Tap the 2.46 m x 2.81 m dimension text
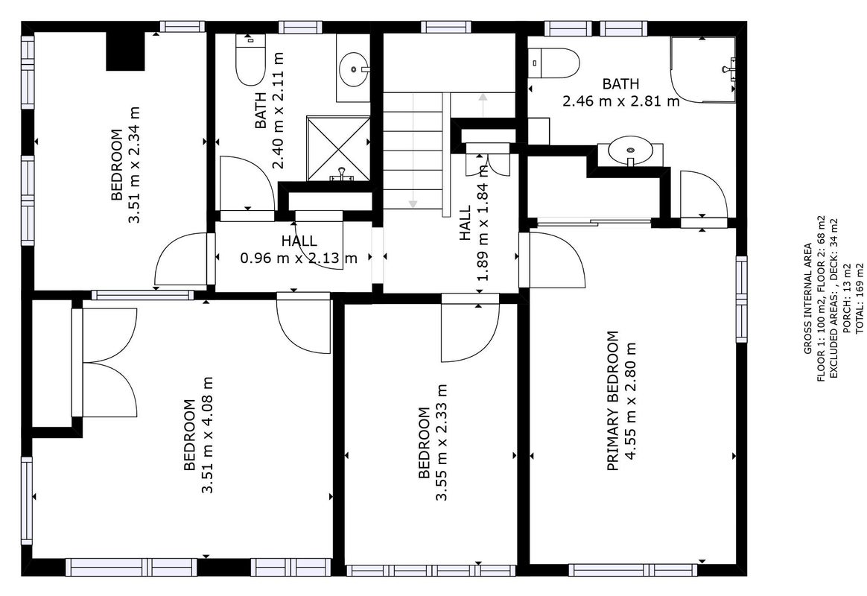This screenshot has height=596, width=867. tap(621, 101)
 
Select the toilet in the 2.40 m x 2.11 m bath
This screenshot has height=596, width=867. tap(250, 60)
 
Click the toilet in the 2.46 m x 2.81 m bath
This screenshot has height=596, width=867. tap(553, 63)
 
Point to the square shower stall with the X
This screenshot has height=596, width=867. tap(338, 148)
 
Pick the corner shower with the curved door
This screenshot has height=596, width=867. tap(703, 70)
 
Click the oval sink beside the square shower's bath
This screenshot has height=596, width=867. tap(353, 69)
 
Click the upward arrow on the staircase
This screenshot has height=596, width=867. tap(483, 105)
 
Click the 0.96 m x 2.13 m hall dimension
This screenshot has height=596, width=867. tap(299, 259)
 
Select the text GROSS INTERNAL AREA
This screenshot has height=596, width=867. tap(808, 299)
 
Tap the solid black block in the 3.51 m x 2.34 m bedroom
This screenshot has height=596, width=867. tap(126, 51)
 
